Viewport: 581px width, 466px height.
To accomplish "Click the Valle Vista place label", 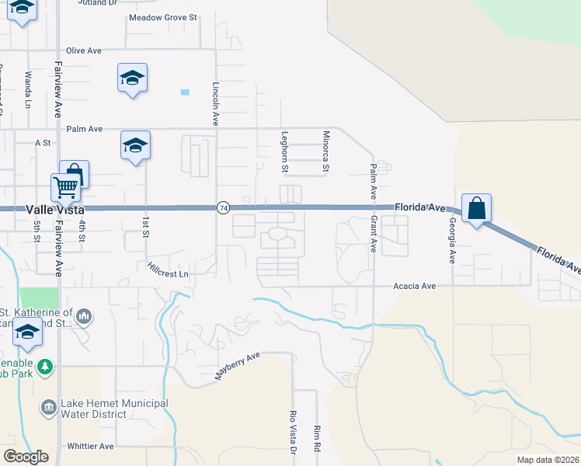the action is pos(54,210).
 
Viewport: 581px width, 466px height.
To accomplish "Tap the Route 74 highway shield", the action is pos(223,208).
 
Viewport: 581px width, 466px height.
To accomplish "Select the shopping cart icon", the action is pos(65,186).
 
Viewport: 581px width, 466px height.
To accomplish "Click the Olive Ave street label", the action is pos(84,50).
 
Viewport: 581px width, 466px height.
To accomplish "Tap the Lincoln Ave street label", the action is pos(216,104).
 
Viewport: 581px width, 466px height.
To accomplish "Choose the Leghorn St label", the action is pos(284,152).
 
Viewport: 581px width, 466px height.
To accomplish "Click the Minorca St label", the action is pos(326,151).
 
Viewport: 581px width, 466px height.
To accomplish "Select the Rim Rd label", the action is pos(317,439).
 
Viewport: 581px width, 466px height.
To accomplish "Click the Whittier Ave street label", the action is pos(91,447).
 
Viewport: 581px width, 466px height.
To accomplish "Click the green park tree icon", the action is pos(47,366).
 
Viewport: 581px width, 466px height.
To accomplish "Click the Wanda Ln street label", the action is pos(28,89).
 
